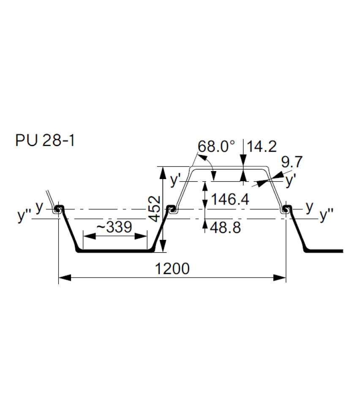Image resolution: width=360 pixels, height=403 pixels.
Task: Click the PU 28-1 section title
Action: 45,140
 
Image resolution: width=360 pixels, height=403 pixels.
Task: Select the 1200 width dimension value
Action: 172,269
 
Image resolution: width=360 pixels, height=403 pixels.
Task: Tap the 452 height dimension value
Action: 155,208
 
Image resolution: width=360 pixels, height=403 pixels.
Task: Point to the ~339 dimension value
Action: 115,227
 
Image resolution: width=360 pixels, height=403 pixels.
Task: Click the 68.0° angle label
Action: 216,147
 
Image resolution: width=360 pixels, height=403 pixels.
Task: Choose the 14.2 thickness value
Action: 262,147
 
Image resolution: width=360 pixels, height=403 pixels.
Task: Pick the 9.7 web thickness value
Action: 292,162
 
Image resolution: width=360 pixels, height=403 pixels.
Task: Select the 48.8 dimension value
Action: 225,227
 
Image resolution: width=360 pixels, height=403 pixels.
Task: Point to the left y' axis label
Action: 175,180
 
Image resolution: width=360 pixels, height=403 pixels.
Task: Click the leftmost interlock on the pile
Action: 58,209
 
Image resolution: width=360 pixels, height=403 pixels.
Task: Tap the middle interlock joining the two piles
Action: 172,209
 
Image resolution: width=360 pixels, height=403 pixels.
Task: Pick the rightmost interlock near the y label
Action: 286,209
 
